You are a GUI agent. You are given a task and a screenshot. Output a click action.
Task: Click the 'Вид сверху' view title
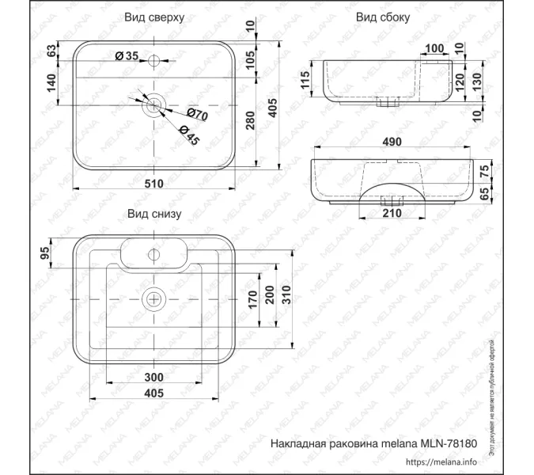[x=155, y=17]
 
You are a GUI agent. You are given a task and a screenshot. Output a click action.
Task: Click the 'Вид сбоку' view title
[x=383, y=17]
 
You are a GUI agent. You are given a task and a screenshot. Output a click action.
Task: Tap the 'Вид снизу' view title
[x=155, y=214]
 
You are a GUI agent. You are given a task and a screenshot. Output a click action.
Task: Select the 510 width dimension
[x=153, y=184]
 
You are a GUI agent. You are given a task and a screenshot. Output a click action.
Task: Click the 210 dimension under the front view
[x=392, y=212]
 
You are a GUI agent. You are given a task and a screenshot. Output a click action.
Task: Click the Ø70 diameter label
[x=197, y=115]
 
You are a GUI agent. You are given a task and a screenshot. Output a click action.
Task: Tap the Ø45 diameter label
[x=187, y=135]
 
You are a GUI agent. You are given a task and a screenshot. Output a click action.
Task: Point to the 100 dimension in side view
[x=434, y=49]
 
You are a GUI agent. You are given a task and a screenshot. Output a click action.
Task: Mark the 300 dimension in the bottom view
[x=153, y=377]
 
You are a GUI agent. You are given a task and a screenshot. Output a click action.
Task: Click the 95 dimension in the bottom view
[x=45, y=253]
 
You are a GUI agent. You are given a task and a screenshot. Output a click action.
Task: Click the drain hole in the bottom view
[x=154, y=299]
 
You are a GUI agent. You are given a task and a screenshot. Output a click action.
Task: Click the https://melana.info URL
[x=441, y=462]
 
